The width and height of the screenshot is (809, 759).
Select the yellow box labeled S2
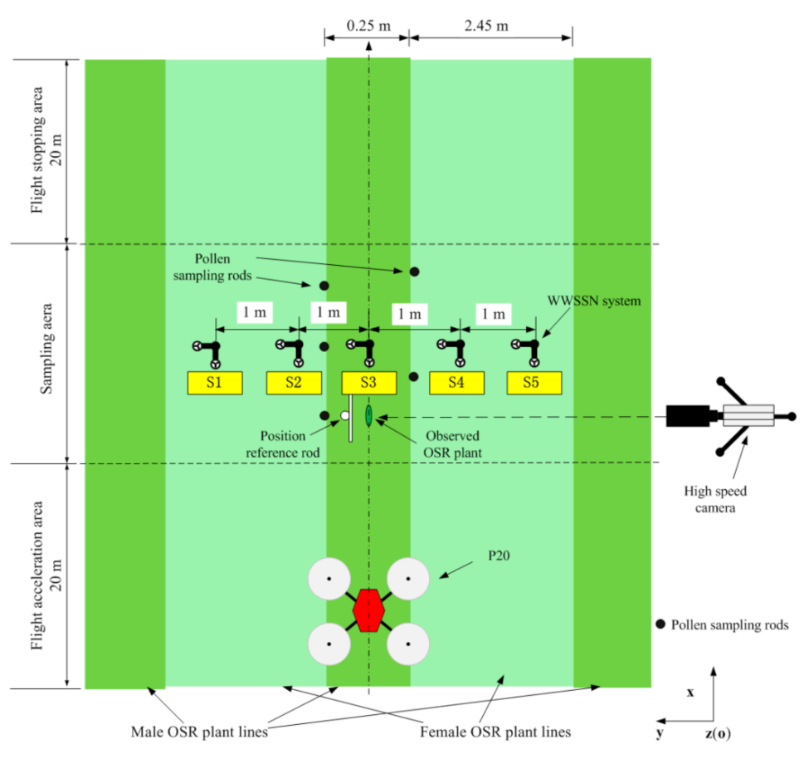click(x=294, y=383)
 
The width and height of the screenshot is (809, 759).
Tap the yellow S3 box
click(x=369, y=383)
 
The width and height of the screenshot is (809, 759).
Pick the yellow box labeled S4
click(x=456, y=383)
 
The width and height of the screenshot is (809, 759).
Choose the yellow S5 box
click(x=534, y=383)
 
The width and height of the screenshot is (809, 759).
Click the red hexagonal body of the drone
click(x=368, y=610)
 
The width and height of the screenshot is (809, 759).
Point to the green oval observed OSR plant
click(x=368, y=417)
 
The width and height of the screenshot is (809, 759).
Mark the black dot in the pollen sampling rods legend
click(x=660, y=624)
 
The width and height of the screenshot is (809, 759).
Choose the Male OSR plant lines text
click(x=202, y=732)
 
